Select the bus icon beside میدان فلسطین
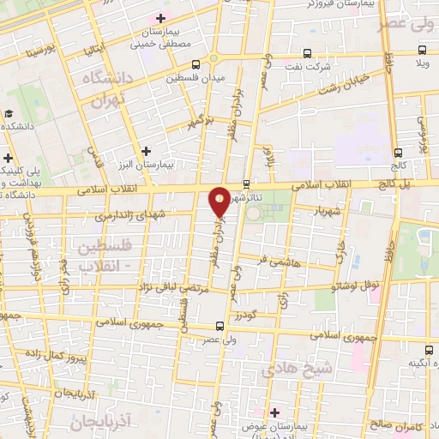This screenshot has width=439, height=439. (196, 64)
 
